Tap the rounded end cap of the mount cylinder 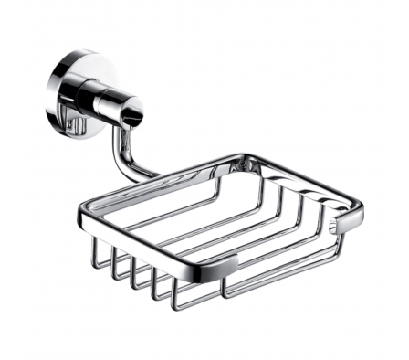click(x=134, y=113)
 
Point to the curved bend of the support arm click(x=121, y=162)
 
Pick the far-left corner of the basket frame click(x=81, y=218)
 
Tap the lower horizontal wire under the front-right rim click(x=283, y=274)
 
